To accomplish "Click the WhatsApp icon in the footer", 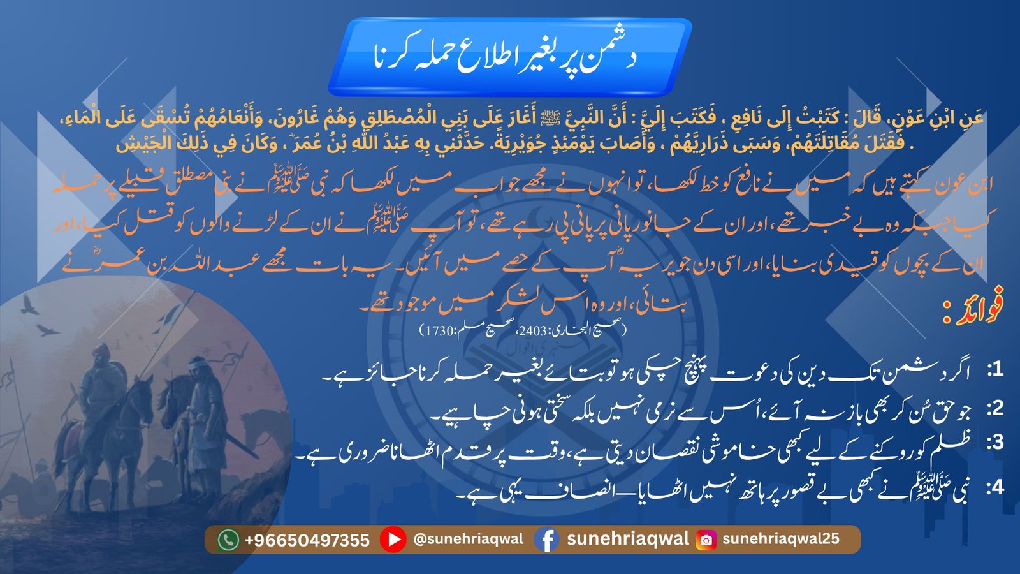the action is (x=228, y=540).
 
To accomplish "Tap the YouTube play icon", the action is (x=393, y=540).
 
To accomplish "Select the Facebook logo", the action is (x=546, y=540).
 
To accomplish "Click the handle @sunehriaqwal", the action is (x=469, y=540).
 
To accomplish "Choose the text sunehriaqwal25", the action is (x=780, y=539).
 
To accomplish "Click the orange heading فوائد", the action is (x=975, y=311).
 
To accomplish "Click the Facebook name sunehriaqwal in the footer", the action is (x=627, y=539).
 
